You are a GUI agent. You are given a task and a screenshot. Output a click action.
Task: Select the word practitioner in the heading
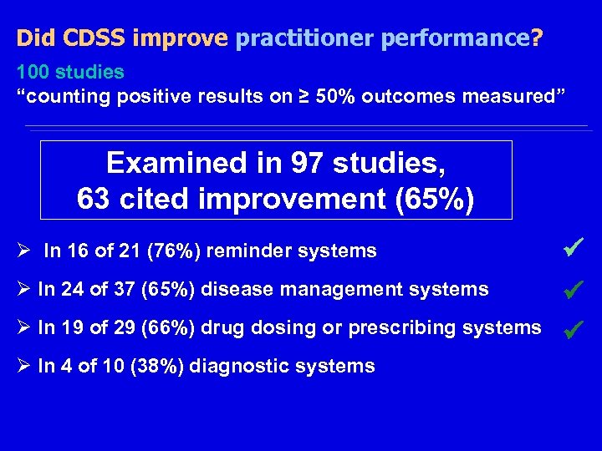tap(292, 38)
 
